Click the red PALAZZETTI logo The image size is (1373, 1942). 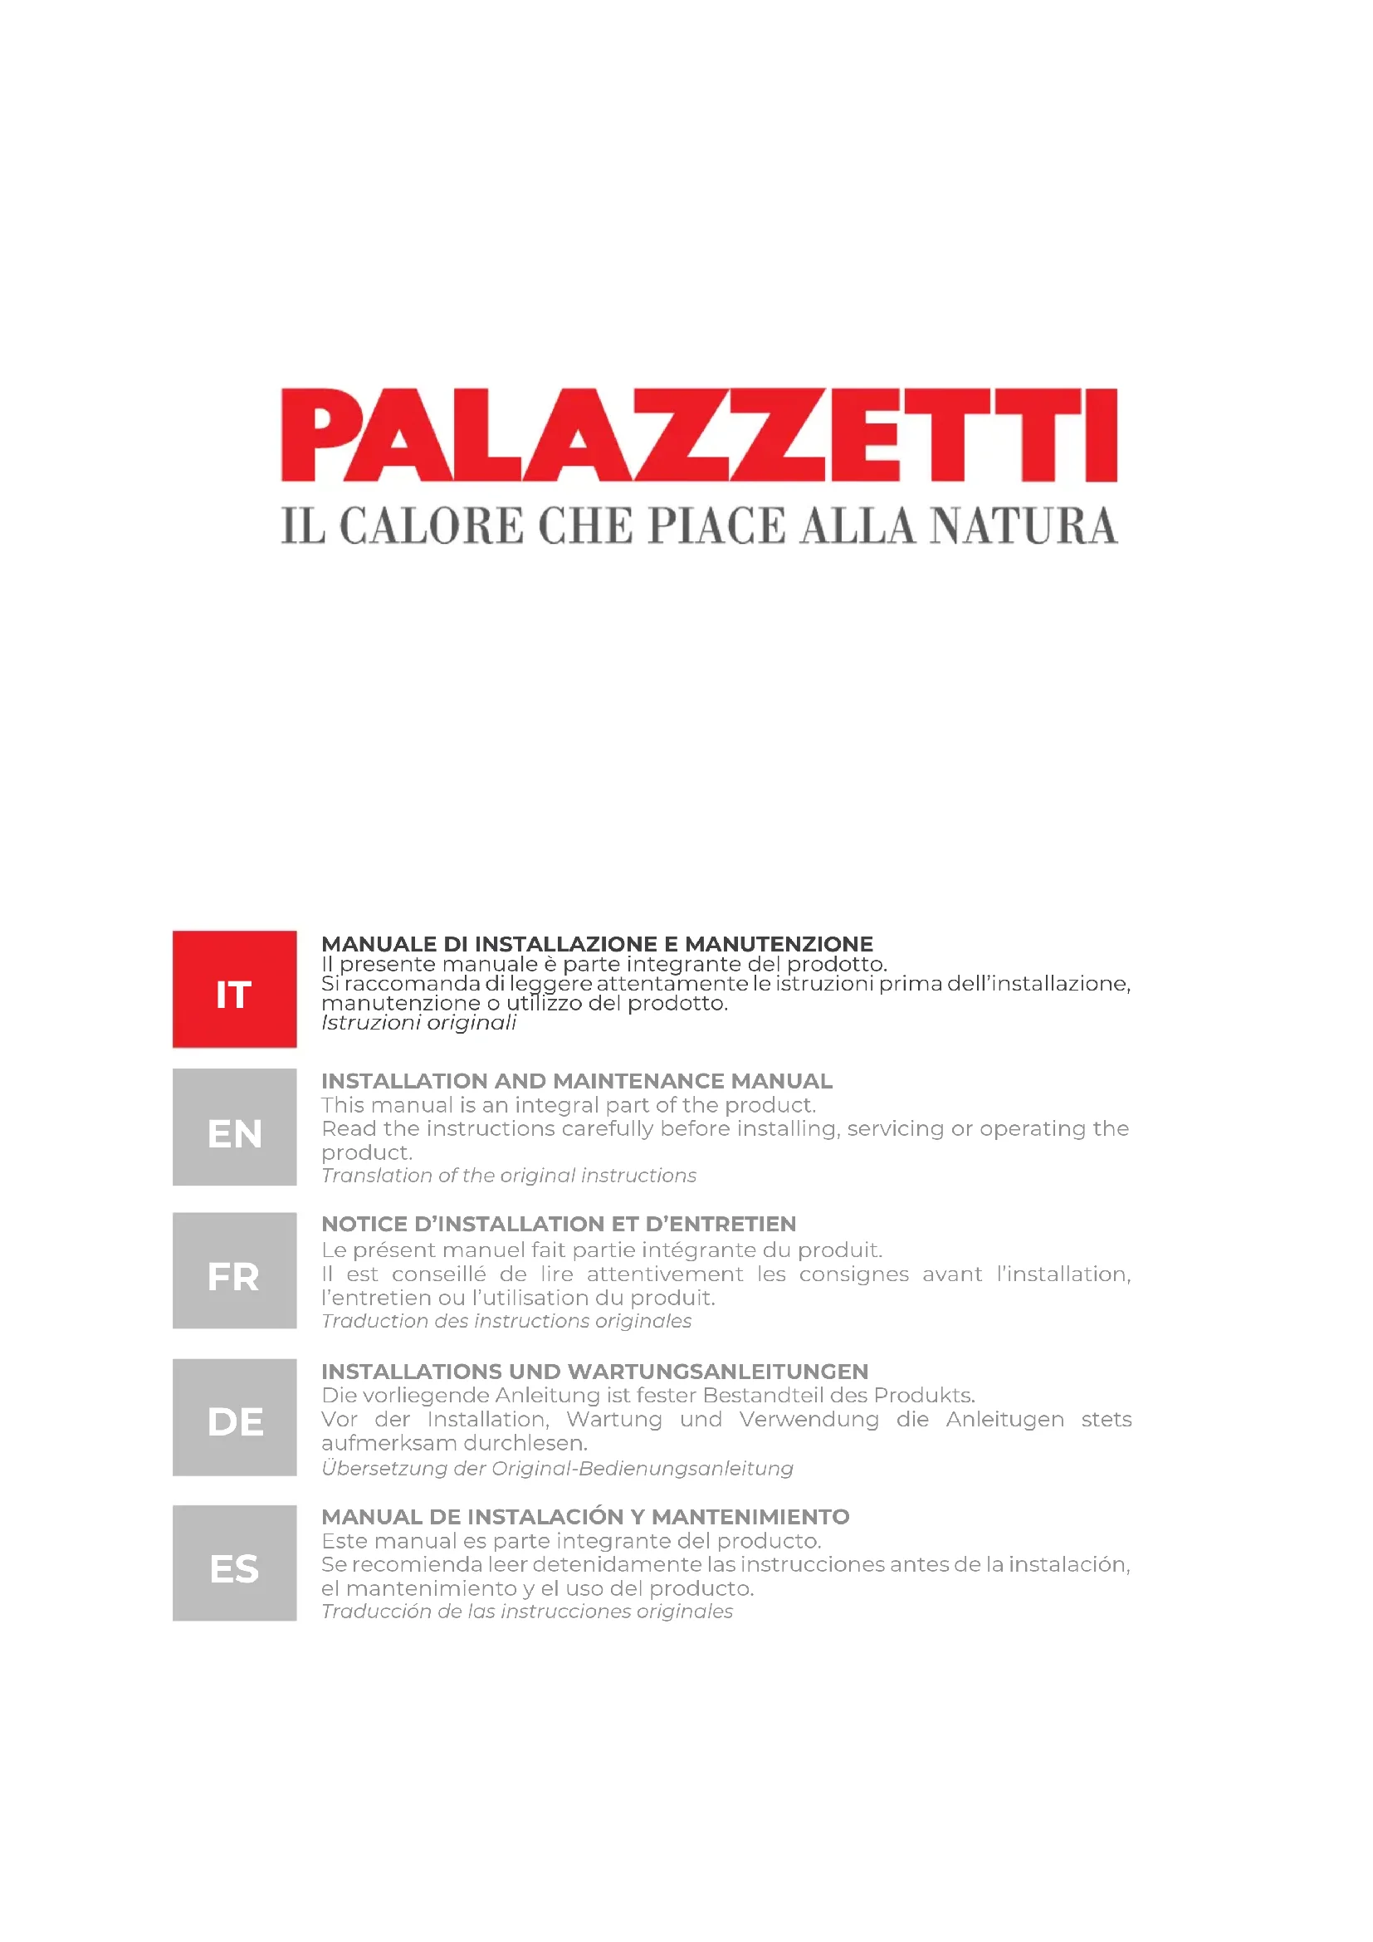699,435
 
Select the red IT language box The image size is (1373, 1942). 234,989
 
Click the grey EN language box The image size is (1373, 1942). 234,1127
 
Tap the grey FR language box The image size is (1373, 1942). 234,1270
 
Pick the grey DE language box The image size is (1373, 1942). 234,1416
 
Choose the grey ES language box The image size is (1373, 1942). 234,1563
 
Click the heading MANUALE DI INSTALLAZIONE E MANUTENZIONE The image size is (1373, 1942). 597,944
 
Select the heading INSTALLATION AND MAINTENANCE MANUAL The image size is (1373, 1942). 577,1081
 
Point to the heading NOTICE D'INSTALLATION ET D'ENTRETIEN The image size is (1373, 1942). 559,1224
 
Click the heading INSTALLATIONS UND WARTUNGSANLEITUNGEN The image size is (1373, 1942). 594,1371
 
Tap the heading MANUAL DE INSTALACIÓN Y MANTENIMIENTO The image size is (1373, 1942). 585,1517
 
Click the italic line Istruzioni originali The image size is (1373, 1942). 418,1023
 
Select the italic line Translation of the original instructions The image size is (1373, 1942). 509,1176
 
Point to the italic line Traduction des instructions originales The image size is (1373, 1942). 506,1321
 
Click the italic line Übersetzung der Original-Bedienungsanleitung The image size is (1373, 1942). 557,1469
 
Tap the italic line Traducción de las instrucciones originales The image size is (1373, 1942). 527,1612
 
